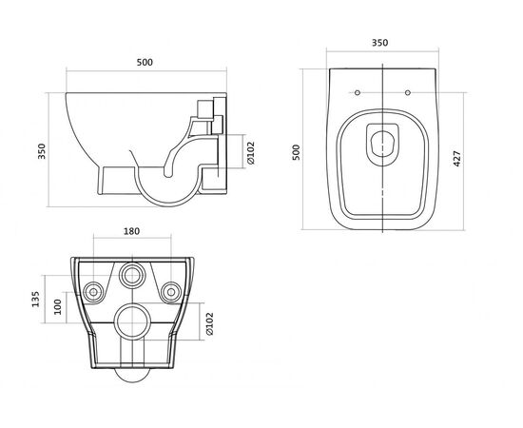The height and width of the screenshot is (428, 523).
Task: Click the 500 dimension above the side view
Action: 145,63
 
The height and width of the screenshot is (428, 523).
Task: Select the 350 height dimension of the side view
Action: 42,151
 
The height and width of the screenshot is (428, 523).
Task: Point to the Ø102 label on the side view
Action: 251,153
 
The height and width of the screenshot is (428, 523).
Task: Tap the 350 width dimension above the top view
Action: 380,43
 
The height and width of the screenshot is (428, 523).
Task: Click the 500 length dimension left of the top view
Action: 296,152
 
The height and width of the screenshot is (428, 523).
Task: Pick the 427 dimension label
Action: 457,159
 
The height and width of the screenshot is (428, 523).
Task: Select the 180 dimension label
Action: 132,231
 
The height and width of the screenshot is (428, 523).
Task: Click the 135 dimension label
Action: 35,300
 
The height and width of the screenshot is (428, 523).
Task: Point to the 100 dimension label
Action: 58,306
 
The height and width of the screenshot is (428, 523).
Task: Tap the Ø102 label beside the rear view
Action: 209,323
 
